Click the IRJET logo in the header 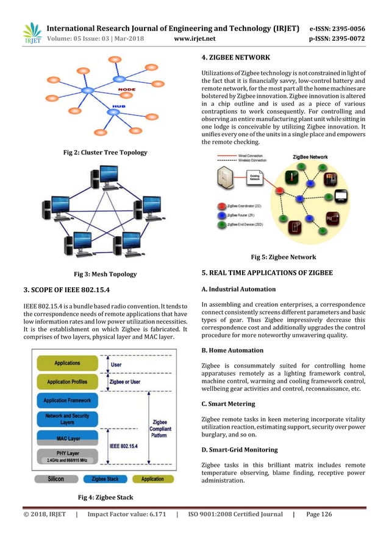(x=32, y=33)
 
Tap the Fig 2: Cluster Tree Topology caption (x=105, y=152)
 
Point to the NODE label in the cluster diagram (x=126, y=89)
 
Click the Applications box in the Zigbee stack (x=67, y=363)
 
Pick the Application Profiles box (x=67, y=382)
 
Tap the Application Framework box (x=67, y=400)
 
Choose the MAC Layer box (x=67, y=438)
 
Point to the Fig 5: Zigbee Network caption (x=284, y=257)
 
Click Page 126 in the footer (x=319, y=514)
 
